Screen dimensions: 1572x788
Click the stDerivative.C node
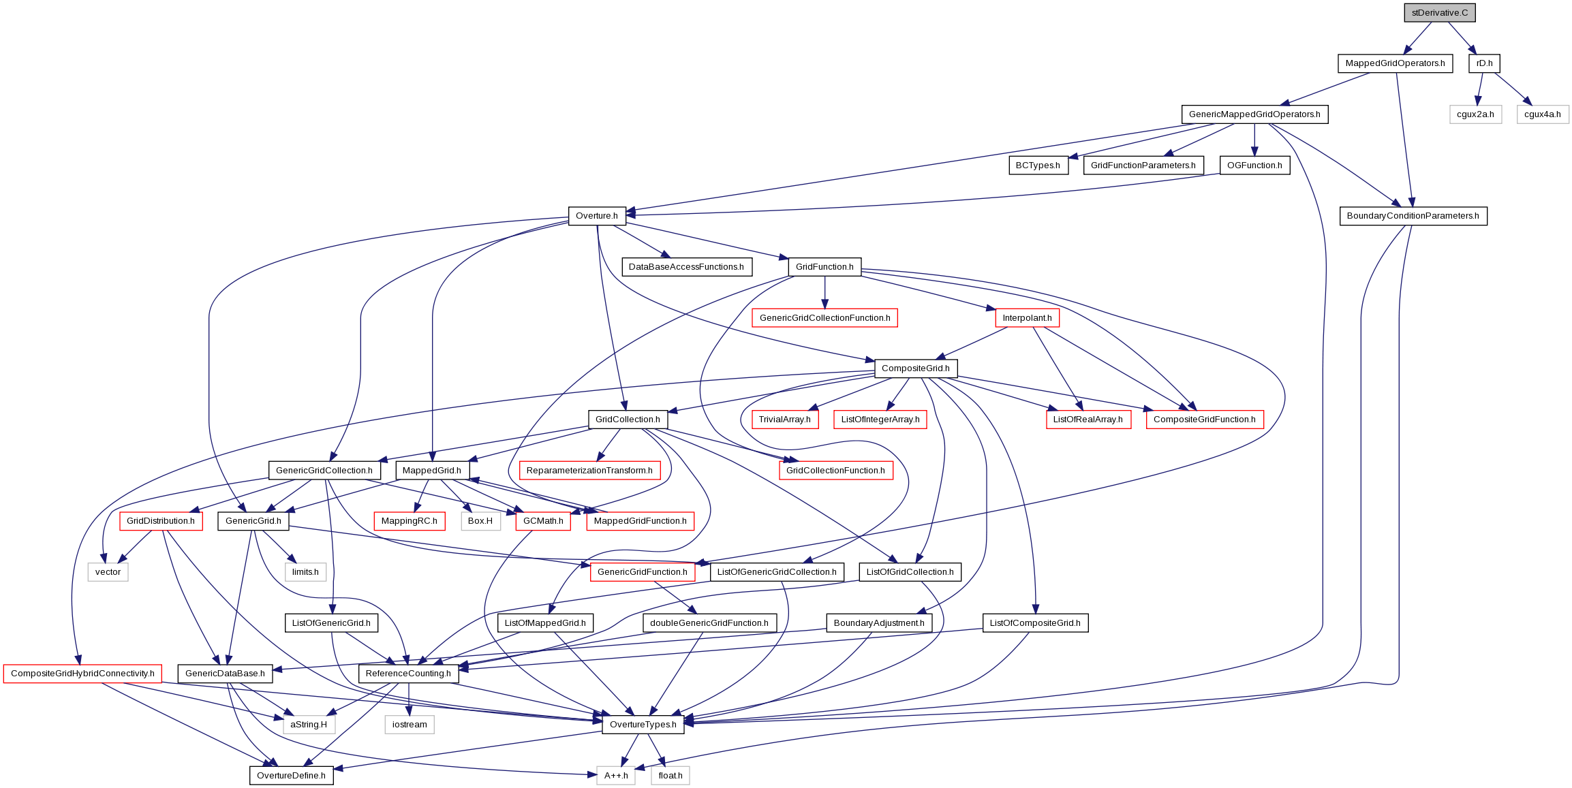pyautogui.click(x=1440, y=13)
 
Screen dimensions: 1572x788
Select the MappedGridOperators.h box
pyautogui.click(x=1395, y=63)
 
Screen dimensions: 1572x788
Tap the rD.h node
pyautogui.click(x=1484, y=63)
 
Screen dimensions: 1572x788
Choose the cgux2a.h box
pyautogui.click(x=1475, y=114)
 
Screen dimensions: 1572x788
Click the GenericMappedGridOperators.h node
pyautogui.click(x=1254, y=114)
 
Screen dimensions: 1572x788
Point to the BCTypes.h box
pyautogui.click(x=1038, y=166)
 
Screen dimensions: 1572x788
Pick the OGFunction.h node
pyautogui.click(x=1254, y=166)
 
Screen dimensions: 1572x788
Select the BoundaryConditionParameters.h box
pyautogui.click(x=1413, y=216)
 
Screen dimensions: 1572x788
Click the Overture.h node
pyautogui.click(x=596, y=216)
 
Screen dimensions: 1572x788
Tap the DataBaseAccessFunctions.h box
pyautogui.click(x=686, y=267)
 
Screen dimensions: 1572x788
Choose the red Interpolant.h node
pyautogui.click(x=1027, y=318)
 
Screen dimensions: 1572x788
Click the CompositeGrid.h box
pyautogui.click(x=915, y=368)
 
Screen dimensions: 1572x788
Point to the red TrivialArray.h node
pyautogui.click(x=784, y=420)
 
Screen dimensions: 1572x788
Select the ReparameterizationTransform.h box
pyautogui.click(x=589, y=471)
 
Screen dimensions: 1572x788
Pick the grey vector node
pyautogui.click(x=108, y=572)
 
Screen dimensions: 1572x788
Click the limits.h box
pyautogui.click(x=305, y=572)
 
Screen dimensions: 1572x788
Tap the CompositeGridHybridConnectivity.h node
pyautogui.click(x=82, y=674)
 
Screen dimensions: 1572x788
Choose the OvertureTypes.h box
pyautogui.click(x=643, y=725)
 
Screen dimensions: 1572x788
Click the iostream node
pyautogui.click(x=410, y=725)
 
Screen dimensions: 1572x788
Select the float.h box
pyautogui.click(x=671, y=776)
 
